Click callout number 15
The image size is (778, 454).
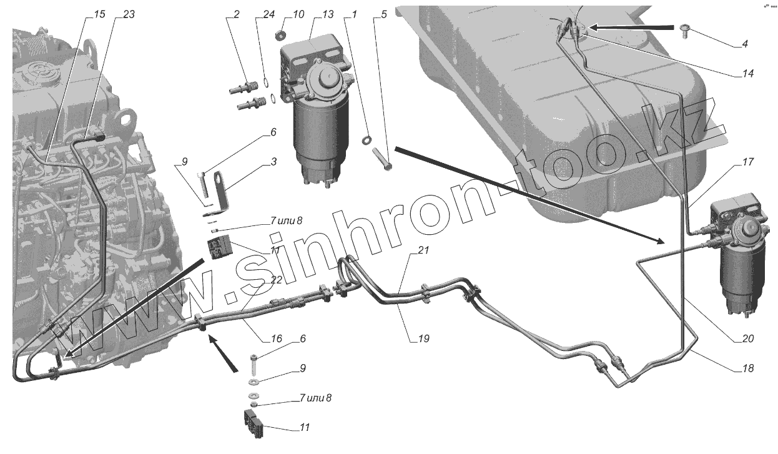[99, 14]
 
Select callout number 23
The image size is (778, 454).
[129, 14]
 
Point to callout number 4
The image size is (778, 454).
[745, 44]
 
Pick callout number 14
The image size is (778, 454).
[748, 73]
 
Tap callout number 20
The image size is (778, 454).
[748, 339]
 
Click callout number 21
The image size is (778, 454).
[424, 250]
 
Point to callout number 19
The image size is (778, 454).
[424, 339]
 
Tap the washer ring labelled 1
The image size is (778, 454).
[367, 137]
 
